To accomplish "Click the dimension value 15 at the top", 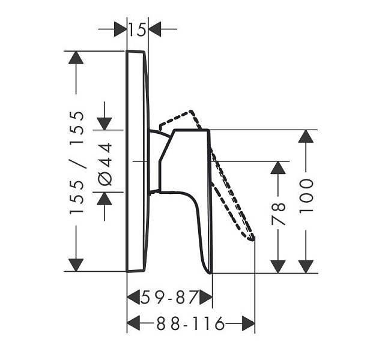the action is click(x=138, y=29).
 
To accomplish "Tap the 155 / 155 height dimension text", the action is click(x=77, y=162).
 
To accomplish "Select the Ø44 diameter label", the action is click(x=105, y=164).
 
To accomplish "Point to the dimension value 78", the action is click(x=278, y=214).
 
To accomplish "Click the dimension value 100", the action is click(x=306, y=196).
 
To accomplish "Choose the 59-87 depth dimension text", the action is click(x=169, y=298).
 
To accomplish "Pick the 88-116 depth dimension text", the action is click(x=190, y=323).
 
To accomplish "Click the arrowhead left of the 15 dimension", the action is click(x=120, y=29).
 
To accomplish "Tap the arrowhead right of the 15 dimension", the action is click(x=155, y=29).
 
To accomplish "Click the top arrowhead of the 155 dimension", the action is click(x=76, y=58).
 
